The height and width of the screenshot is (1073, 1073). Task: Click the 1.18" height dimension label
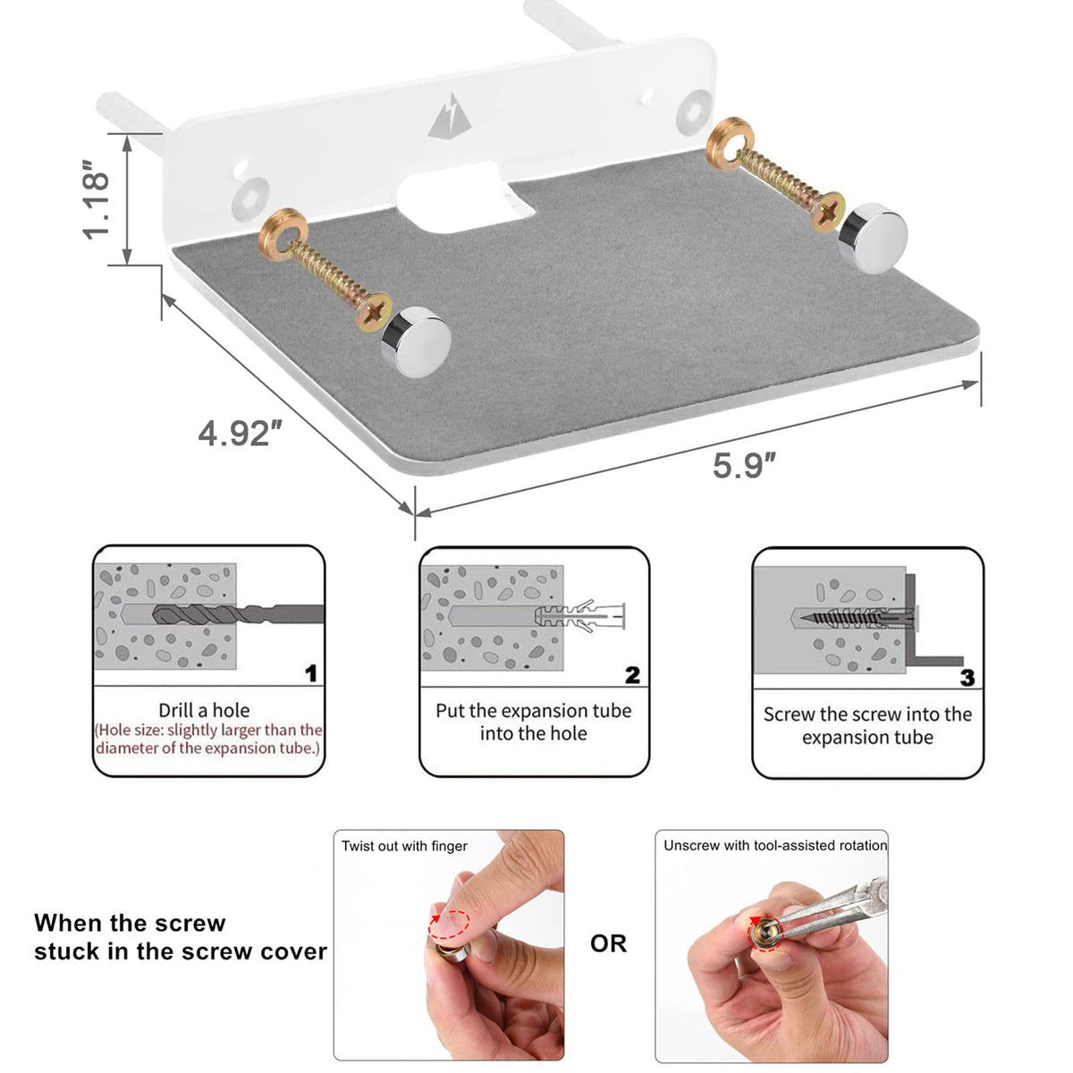point(96,200)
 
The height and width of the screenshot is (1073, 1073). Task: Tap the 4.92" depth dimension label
point(240,433)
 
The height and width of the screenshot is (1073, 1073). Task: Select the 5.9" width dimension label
point(744,466)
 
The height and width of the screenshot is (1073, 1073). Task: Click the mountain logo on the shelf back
point(450,116)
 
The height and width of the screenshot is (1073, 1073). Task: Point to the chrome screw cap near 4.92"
point(416,342)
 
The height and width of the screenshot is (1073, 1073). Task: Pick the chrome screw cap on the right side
point(872,239)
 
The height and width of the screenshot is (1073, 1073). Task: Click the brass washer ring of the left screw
point(283,234)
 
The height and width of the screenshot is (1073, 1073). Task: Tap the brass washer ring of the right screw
point(730,143)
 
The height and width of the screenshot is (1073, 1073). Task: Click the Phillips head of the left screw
point(374,312)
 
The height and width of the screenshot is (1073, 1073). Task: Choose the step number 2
point(632,675)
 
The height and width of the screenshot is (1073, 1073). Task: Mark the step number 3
point(967,678)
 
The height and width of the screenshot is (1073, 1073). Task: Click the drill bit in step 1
point(239,614)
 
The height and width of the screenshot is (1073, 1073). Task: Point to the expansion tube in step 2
point(579,615)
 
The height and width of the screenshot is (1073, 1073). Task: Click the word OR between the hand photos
point(608,943)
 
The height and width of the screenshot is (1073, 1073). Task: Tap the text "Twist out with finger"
point(404,846)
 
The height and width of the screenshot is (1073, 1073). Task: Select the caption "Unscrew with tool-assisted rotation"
point(775,845)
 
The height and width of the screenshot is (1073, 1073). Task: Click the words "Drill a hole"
point(204,710)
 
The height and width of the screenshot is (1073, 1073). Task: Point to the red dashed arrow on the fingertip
point(449,925)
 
